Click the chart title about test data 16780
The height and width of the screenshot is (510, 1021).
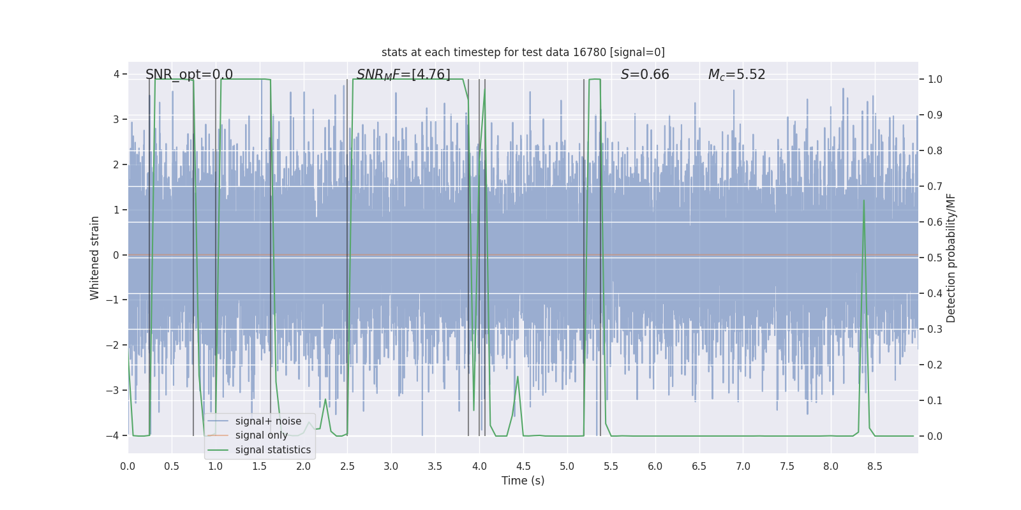click(523, 52)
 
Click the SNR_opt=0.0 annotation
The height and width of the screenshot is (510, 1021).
click(189, 75)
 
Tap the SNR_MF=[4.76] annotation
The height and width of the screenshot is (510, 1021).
click(403, 75)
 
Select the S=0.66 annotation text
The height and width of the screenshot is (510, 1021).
click(645, 75)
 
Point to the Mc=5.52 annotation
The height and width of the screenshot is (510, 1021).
click(736, 75)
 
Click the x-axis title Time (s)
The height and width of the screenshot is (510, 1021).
click(523, 481)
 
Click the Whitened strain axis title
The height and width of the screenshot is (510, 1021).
click(95, 258)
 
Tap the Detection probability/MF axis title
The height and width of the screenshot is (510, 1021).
click(951, 258)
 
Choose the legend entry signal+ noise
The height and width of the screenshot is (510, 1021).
click(268, 421)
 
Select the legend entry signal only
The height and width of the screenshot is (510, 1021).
click(261, 435)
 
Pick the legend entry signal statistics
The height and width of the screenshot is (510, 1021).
click(272, 450)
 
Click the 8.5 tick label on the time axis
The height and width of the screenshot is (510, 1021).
click(874, 467)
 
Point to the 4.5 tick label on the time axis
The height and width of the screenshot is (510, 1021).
click(523, 467)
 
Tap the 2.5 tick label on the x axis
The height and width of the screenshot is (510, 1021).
click(347, 467)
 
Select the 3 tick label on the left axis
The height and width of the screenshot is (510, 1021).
click(116, 120)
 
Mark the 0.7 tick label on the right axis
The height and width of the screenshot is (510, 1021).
click(935, 187)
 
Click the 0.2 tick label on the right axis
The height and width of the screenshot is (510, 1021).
click(935, 365)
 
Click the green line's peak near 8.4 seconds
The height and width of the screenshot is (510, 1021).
click(864, 201)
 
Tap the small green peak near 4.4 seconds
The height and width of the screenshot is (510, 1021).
click(518, 377)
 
